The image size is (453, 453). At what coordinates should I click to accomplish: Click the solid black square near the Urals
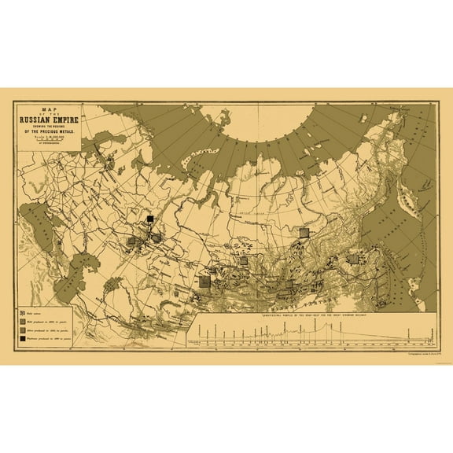(149, 219)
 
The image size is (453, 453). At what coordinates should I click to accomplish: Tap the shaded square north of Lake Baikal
(304, 233)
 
